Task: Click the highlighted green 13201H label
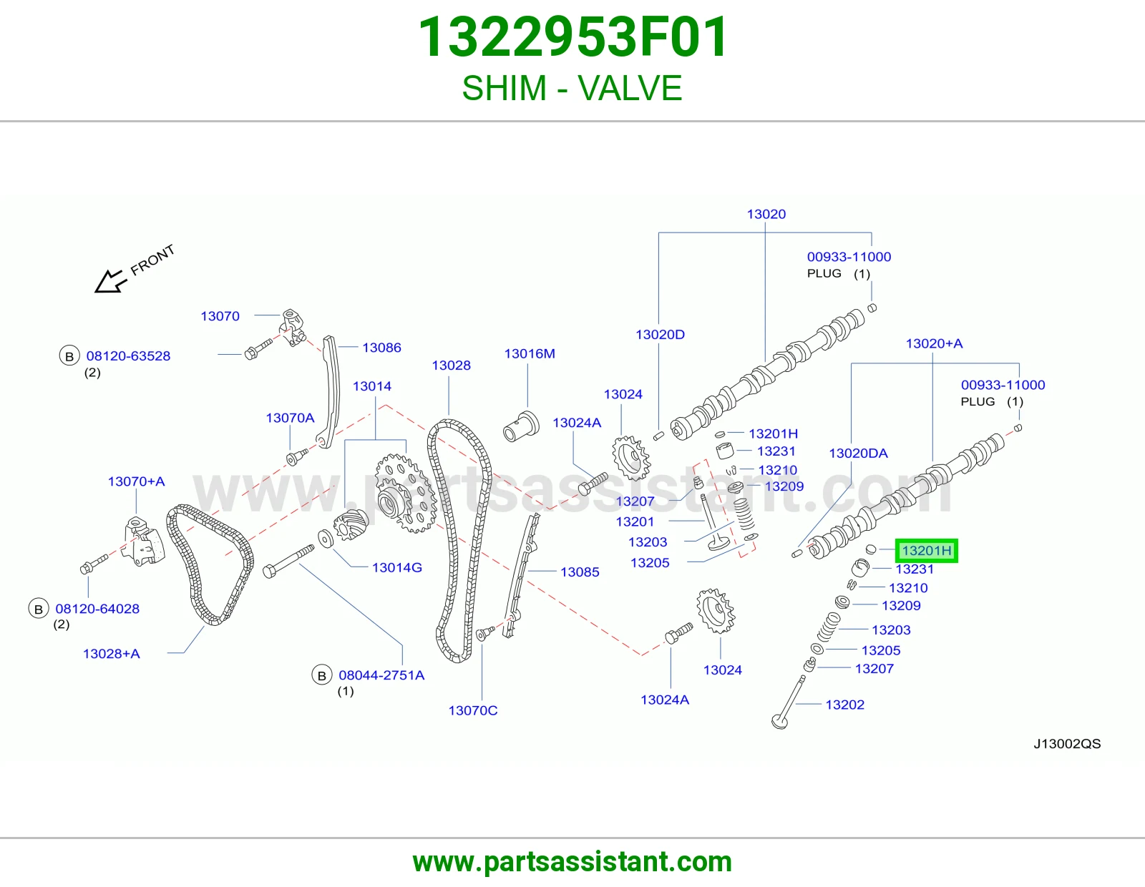tap(926, 551)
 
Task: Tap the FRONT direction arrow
tap(111, 281)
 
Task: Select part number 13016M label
tap(530, 353)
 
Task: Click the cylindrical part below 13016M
tap(521, 426)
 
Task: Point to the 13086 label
tap(381, 348)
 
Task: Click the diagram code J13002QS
tap(1067, 744)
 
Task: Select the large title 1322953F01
tap(572, 37)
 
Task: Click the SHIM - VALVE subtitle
tap(572, 88)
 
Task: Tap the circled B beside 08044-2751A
tap(322, 675)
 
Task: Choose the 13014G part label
tap(396, 568)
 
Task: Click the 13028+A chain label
tap(111, 654)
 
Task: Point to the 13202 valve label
tap(844, 705)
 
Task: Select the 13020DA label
tap(858, 454)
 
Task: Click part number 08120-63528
tap(128, 356)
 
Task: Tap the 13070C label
tap(472, 710)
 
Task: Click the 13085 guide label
tap(580, 572)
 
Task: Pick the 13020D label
tap(661, 335)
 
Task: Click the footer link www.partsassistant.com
tap(572, 862)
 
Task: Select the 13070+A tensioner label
tap(137, 481)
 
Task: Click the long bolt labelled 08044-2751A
tap(288, 562)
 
